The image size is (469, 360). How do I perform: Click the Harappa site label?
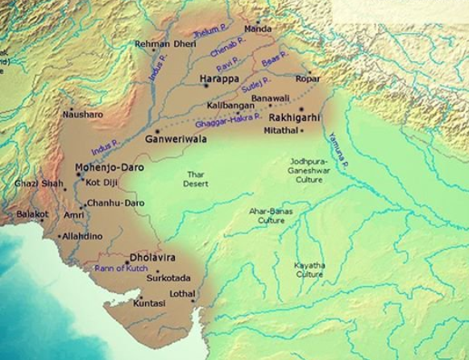pyautogui.click(x=218, y=79)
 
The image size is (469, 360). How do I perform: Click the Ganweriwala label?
pyautogui.click(x=175, y=139)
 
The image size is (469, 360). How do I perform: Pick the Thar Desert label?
pyautogui.click(x=197, y=179)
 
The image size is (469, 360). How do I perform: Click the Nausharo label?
pyautogui.click(x=83, y=114)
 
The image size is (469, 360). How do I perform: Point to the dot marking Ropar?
pyautogui.click(x=307, y=72)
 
